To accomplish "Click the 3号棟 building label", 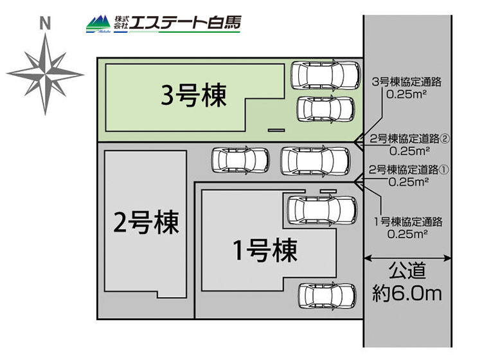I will [x=194, y=97].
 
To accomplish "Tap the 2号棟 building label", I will [x=146, y=223].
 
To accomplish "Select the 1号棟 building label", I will [x=264, y=249].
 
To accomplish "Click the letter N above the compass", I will [x=44, y=24].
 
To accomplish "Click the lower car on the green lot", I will [x=325, y=109].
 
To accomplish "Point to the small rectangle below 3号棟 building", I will [x=276, y=130].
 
